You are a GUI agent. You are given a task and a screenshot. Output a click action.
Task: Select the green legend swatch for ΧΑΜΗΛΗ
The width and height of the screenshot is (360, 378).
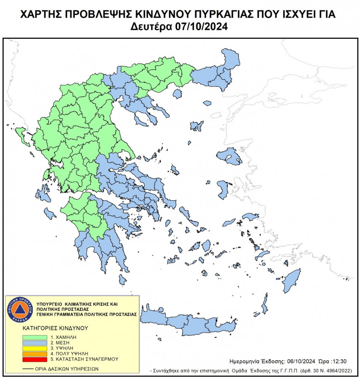click(33, 338)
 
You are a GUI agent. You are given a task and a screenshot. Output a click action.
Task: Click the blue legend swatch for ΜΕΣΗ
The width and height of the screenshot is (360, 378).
click(33, 343)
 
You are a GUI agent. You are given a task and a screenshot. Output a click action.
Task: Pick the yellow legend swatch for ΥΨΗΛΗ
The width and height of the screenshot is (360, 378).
click(33, 348)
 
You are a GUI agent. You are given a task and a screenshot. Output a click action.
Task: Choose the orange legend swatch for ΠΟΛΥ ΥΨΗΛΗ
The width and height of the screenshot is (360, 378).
click(33, 354)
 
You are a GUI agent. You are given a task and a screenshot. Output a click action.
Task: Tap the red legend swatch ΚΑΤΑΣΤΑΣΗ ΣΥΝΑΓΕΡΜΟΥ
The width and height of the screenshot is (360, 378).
click(33, 359)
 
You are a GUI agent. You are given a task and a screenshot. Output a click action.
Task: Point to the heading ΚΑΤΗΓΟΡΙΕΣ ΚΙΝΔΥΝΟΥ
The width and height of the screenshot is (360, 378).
click(55, 328)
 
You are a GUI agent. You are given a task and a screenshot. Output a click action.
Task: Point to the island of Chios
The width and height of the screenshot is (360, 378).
click(223, 189)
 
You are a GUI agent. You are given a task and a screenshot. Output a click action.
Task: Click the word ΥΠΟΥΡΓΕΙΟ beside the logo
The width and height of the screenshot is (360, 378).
click(49, 304)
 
